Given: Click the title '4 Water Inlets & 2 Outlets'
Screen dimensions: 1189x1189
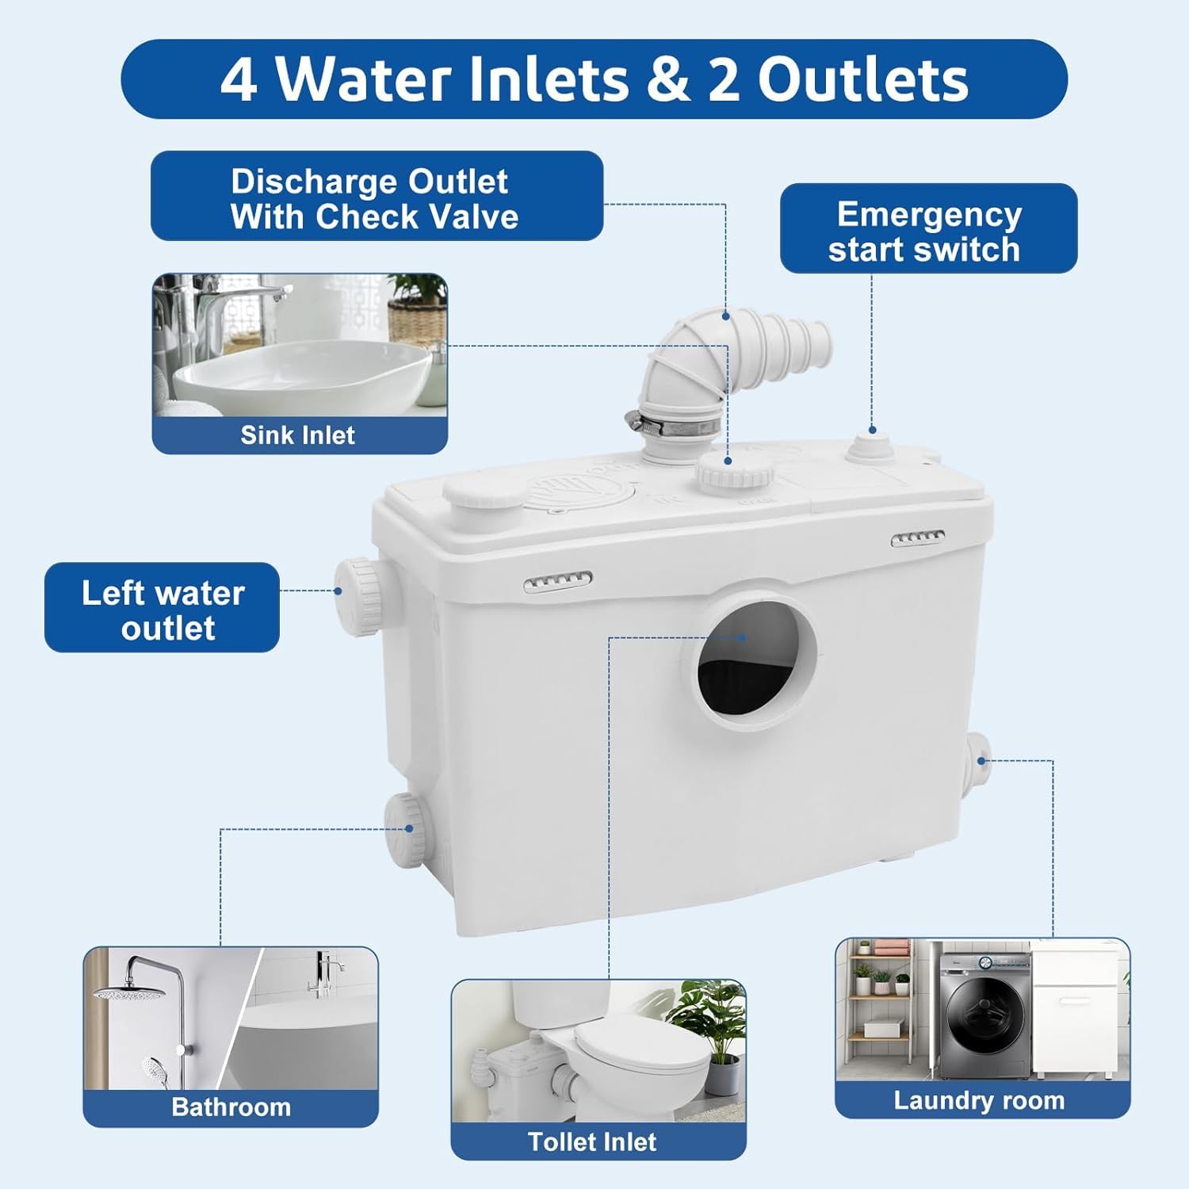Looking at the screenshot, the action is coord(594,79).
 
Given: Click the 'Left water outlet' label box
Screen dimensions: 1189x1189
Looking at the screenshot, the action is coord(162,608).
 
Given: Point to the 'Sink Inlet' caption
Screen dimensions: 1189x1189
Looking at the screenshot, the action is coord(298,435).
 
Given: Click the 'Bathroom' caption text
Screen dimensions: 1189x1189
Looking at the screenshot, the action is coord(231,1107).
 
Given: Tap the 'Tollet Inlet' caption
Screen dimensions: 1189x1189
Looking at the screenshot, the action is coord(592,1141).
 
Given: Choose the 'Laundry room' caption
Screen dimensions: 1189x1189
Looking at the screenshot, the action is coord(979,1100).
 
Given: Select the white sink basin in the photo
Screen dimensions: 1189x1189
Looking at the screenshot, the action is coord(302,377).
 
